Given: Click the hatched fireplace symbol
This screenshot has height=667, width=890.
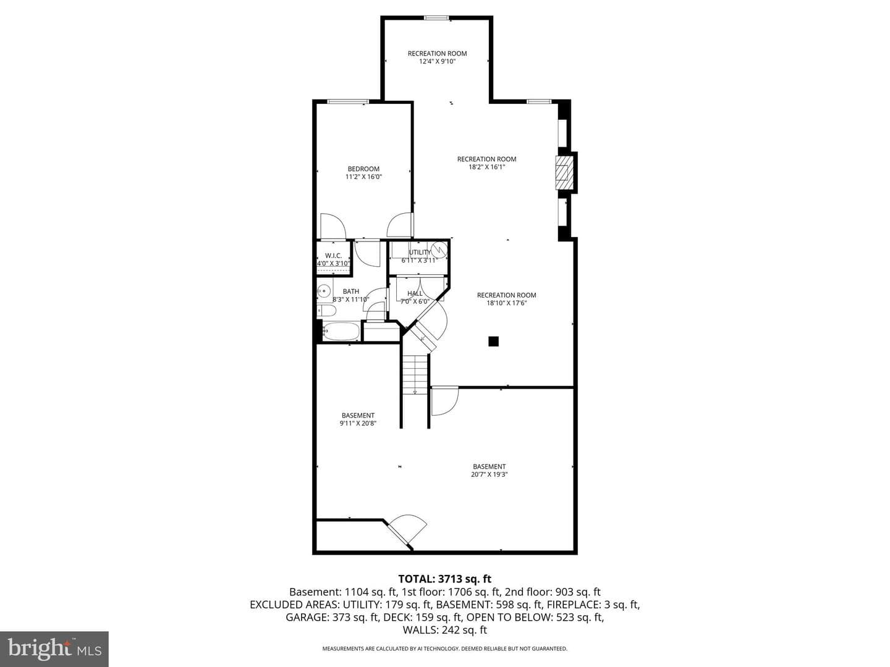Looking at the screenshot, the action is point(562,172).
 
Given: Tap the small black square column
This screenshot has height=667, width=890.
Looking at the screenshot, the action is point(493,342).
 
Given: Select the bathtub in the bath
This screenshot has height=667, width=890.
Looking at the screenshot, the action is point(341,331).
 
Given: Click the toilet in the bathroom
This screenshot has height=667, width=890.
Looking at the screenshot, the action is point(326,311).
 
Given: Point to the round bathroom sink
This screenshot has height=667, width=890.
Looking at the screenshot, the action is point(324,290).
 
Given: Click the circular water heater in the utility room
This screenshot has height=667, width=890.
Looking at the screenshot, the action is point(439,248).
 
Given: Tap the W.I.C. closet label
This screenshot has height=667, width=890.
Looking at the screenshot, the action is point(333,256).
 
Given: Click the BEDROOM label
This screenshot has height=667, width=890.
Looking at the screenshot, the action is point(363,169).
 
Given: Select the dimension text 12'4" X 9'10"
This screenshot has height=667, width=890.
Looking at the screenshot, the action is point(438,62).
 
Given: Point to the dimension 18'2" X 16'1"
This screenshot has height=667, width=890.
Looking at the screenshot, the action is point(486,167).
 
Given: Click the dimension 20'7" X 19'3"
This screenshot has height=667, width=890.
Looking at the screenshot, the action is point(489,474).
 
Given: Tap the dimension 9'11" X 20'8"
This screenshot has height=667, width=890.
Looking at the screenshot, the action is point(358,423).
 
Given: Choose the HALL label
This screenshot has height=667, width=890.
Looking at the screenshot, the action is point(415,293).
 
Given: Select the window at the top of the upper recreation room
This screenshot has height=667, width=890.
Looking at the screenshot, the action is point(436,18).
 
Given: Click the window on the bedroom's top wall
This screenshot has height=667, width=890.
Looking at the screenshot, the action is point(348,101).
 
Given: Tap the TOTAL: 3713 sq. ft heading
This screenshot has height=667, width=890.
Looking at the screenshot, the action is point(445,579).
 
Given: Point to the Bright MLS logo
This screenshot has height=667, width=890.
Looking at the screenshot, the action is point(54,649).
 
